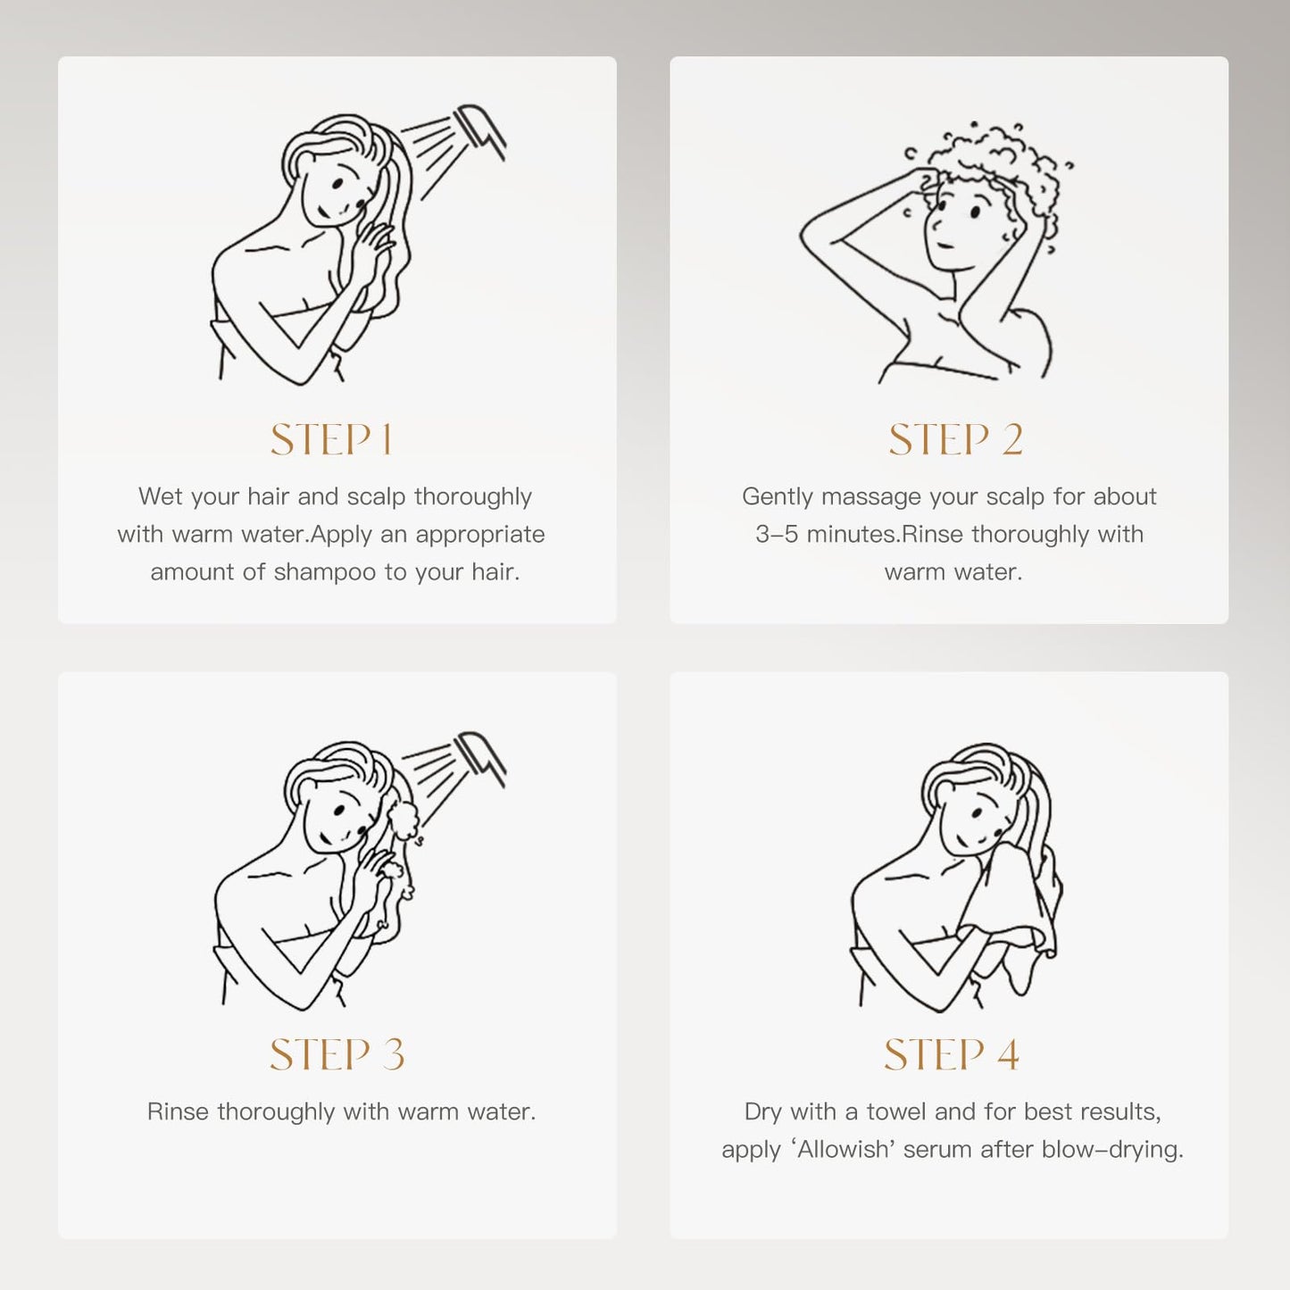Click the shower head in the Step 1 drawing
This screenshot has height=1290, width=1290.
[479, 131]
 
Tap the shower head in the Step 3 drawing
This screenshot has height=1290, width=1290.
[479, 759]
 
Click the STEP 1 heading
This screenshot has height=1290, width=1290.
[331, 439]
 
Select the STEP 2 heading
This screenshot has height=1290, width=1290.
[955, 439]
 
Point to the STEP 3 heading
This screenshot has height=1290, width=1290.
[337, 1054]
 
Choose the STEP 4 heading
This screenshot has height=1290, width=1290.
[952, 1054]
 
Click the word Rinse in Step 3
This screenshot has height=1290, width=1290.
[178, 1112]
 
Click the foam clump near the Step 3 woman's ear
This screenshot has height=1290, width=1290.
[403, 820]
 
